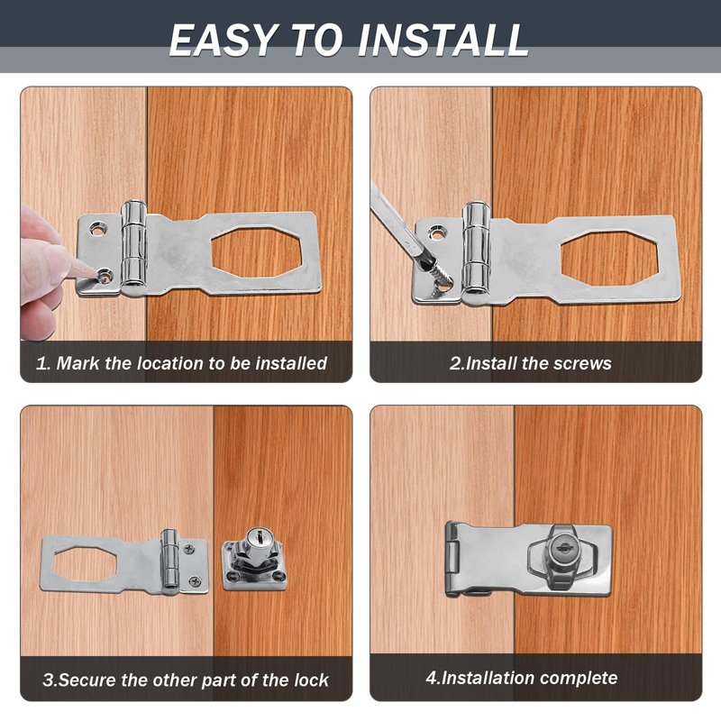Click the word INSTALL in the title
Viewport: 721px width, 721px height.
pos(443,41)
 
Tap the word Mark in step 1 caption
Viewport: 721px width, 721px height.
pos(78,363)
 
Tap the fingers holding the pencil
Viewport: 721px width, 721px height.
pos(41,271)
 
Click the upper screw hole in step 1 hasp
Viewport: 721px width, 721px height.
pos(98,228)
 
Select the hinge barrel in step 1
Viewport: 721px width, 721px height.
pos(133,247)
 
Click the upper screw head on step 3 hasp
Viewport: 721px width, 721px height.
pos(189,549)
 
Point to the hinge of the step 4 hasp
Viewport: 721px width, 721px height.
pos(452,560)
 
